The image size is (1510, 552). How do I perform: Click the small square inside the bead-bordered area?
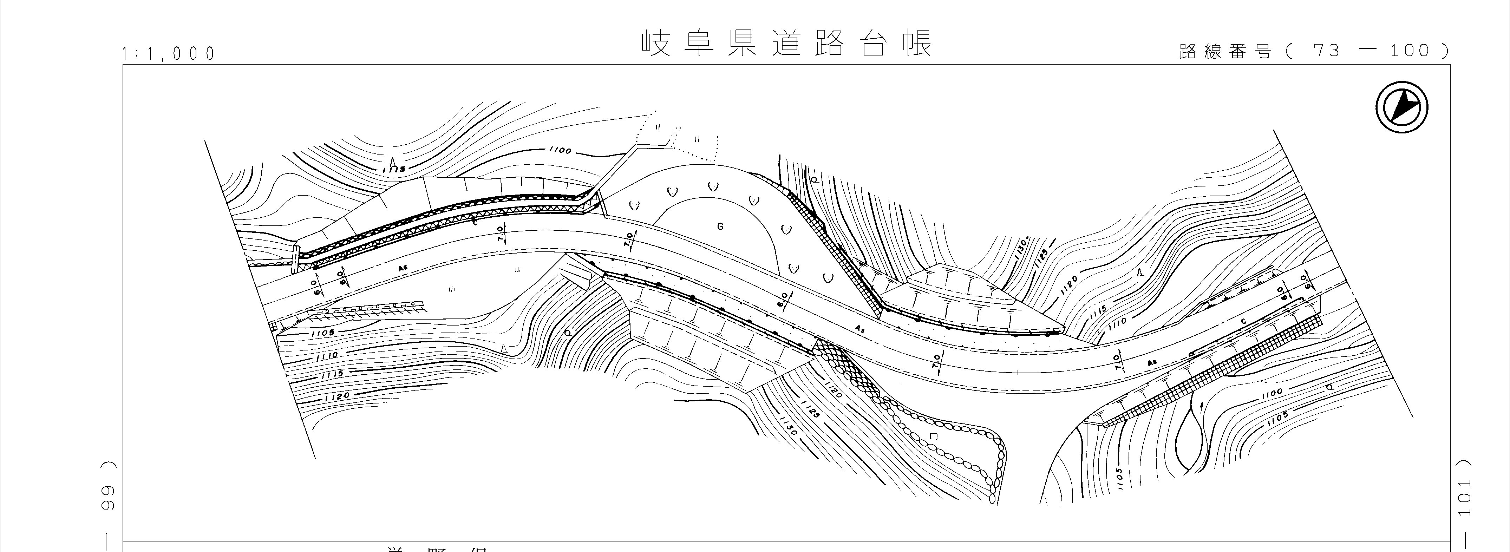pos(934,436)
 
